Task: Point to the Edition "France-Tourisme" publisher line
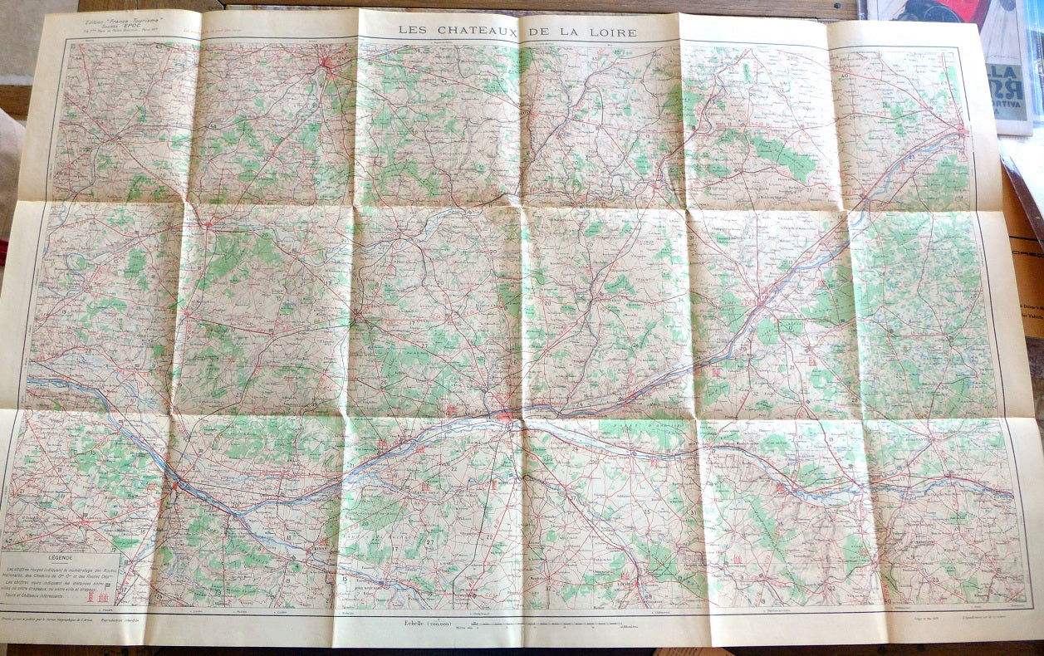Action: pyautogui.click(x=124, y=17)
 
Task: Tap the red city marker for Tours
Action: pyautogui.click(x=504, y=414)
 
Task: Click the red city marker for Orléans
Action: pyautogui.click(x=963, y=130)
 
